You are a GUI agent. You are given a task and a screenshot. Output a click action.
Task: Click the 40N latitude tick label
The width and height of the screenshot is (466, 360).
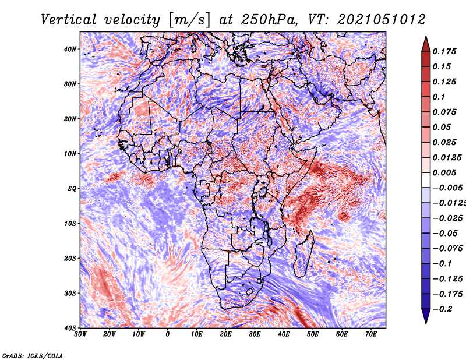[70, 49]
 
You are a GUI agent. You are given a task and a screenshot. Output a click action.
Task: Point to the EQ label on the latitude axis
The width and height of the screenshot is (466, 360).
[72, 189]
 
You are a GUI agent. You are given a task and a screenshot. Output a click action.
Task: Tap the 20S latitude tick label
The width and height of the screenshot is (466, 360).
[70, 258]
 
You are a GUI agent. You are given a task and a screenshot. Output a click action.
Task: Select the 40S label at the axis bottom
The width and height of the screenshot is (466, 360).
[70, 328]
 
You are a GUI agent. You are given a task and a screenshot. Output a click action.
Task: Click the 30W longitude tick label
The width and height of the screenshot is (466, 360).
[80, 334]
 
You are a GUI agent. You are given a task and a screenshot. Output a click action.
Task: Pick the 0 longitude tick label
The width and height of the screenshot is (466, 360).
[168, 334]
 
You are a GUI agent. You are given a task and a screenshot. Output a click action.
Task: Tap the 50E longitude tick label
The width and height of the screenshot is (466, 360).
[313, 334]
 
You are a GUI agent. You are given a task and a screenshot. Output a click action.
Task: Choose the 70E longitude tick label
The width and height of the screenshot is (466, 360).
[371, 334]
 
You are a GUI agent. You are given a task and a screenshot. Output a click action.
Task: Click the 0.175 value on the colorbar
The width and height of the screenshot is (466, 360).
[444, 51]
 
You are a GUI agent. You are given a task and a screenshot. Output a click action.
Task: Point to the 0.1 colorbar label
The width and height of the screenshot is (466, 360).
[439, 97]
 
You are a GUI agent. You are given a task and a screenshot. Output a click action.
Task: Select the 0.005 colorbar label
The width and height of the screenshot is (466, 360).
[444, 172]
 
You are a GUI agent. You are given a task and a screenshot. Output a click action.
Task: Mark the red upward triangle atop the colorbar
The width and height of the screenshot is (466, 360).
[426, 44]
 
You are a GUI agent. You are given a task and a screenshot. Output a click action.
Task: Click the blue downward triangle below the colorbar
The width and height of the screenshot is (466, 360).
[426, 316]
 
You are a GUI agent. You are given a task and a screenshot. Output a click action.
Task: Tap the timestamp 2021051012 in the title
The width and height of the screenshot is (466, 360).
[382, 20]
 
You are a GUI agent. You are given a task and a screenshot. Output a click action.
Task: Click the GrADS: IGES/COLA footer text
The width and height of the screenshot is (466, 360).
[33, 355]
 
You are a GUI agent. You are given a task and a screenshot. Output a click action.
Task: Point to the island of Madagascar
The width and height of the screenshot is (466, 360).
[304, 253]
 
